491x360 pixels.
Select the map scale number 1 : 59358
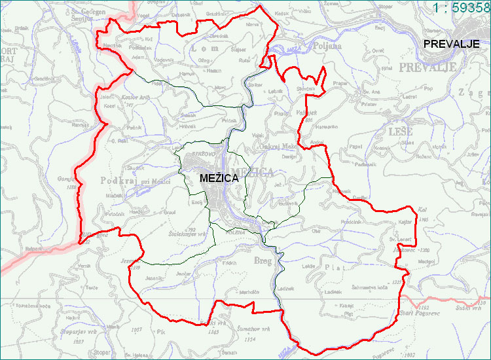pos(462,8)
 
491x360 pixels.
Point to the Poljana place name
pos(327,46)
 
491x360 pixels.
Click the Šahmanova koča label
pos(371,287)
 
